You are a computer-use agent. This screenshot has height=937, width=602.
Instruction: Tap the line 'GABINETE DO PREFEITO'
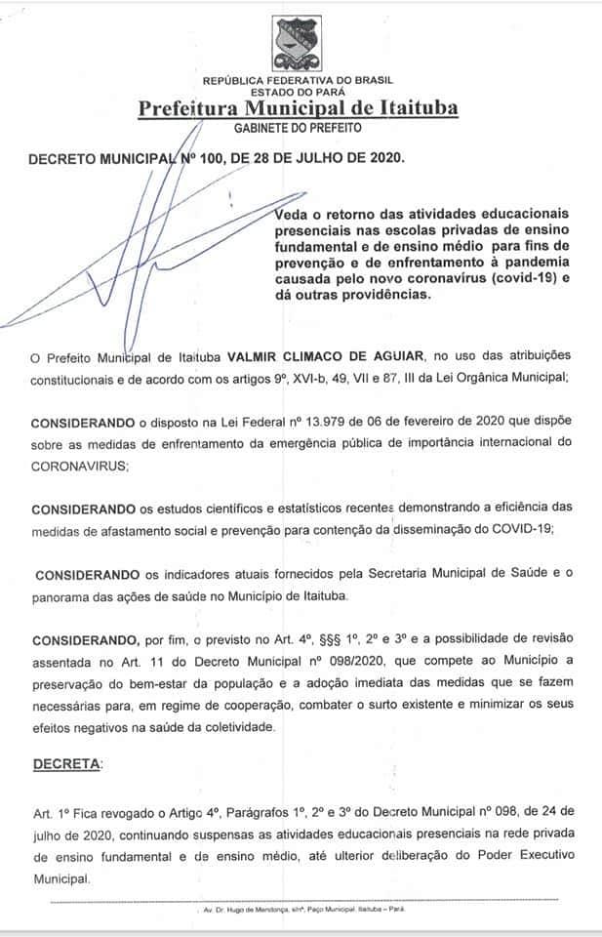(298, 128)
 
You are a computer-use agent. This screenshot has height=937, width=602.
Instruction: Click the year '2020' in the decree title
(379, 156)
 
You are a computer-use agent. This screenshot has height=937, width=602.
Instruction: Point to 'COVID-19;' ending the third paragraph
(522, 528)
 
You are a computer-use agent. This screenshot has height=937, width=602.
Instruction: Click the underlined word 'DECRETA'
(65, 764)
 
